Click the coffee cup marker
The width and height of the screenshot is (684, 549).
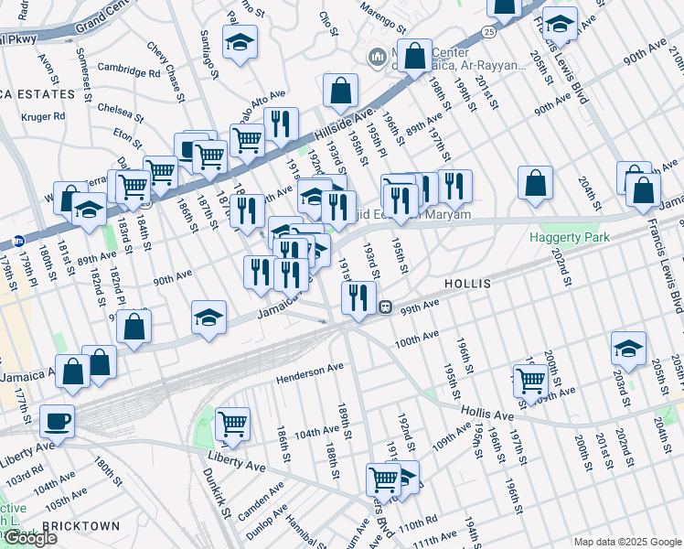[58, 422]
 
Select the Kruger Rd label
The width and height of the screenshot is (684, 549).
[45, 116]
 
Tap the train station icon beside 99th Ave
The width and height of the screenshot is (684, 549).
[387, 307]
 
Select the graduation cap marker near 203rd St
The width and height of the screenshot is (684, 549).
[628, 348]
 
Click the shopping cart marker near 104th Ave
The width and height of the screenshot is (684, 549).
[233, 424]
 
